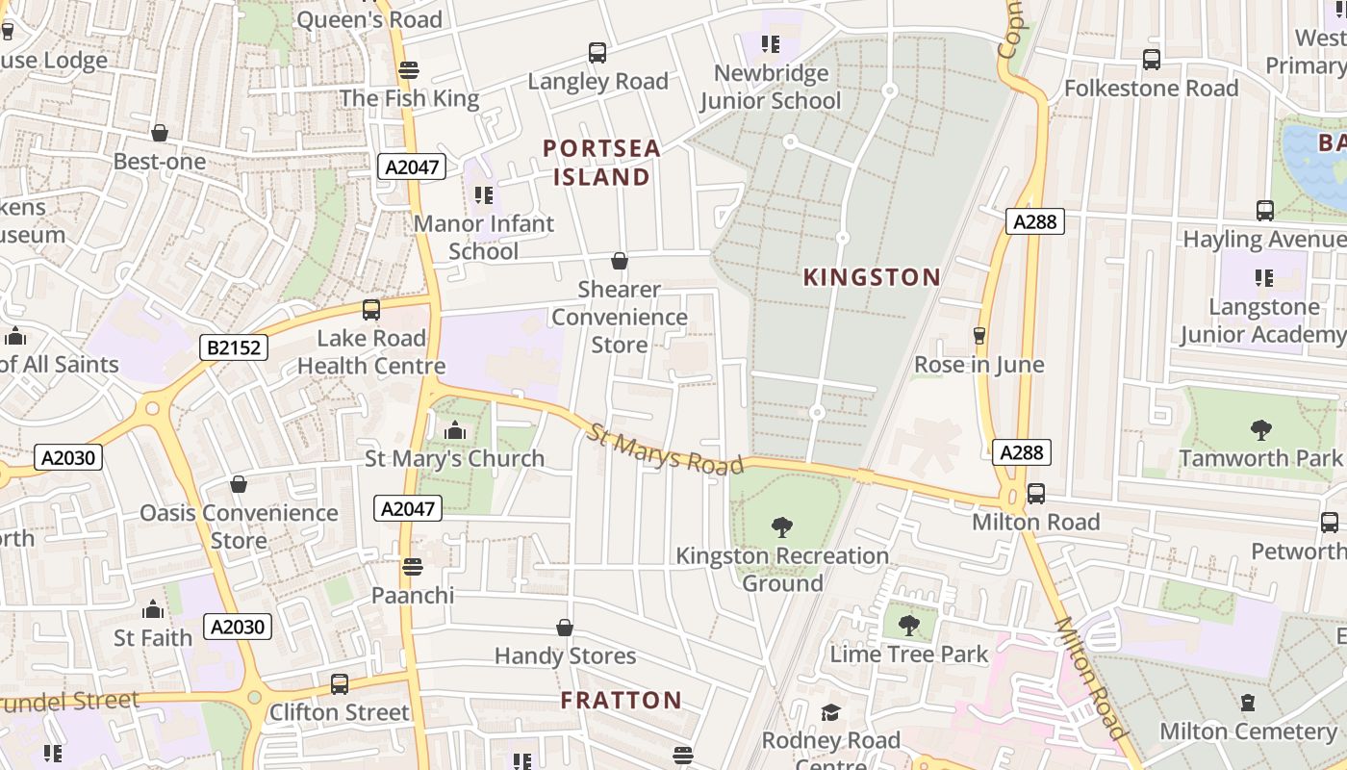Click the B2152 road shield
coord(233,347)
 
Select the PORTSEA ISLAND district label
coord(602,163)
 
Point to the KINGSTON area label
coord(872,277)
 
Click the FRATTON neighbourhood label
coord(622,700)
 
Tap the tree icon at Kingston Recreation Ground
coord(782,526)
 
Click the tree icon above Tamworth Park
coord(1260,429)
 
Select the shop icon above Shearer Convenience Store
coord(620,261)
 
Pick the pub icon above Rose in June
coord(979,335)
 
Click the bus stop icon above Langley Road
coord(597,53)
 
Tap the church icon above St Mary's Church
coord(455,430)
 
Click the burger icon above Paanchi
coord(413,566)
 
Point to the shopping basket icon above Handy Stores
coord(565,628)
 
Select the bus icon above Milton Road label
coord(1035,493)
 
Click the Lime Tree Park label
coord(908,654)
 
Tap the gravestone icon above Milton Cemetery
coord(1248,703)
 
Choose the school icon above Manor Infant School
coord(484,195)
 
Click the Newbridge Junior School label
coord(771,87)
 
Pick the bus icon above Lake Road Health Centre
coord(371,310)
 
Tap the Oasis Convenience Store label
coord(239,526)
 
